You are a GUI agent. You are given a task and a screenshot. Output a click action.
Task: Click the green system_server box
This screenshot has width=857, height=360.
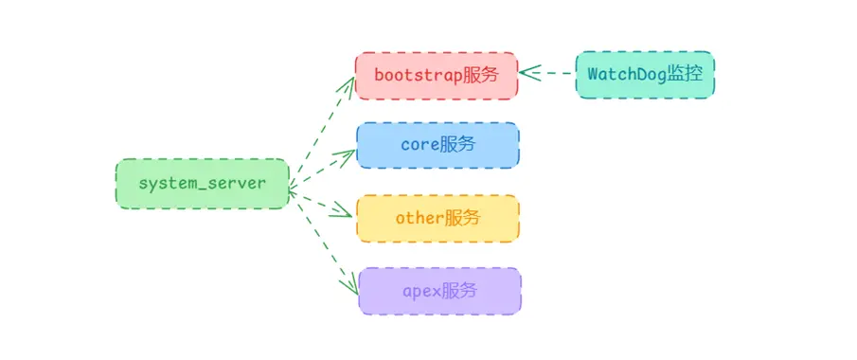[x=201, y=184]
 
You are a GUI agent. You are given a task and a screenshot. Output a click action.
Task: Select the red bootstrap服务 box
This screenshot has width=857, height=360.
[x=437, y=75]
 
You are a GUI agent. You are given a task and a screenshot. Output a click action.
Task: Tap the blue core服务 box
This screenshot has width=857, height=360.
[x=437, y=145]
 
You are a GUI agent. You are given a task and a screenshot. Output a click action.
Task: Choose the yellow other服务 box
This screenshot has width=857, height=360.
[x=437, y=218]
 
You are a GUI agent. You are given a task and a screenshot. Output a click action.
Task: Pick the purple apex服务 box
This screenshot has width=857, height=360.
[x=439, y=291]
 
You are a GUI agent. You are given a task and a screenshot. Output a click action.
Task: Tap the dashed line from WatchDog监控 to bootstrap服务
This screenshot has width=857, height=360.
[x=554, y=73]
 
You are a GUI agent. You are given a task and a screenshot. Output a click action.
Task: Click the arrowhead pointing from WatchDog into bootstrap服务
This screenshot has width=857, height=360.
[x=527, y=73]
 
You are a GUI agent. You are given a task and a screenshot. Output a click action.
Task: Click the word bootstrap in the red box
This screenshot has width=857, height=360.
[x=418, y=75]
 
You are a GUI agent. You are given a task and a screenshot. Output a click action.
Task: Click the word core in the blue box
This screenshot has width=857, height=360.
[x=420, y=145]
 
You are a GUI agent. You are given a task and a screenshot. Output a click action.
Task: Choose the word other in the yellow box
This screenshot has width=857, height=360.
[x=420, y=218]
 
